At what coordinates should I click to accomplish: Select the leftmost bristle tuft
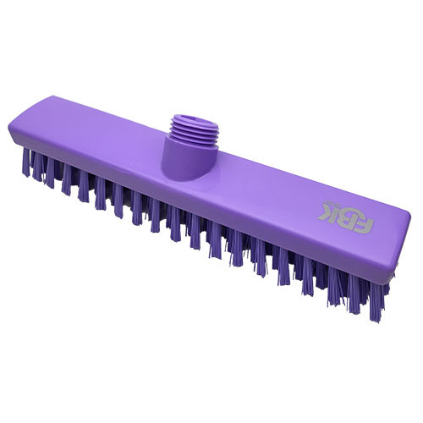tap(26, 162)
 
